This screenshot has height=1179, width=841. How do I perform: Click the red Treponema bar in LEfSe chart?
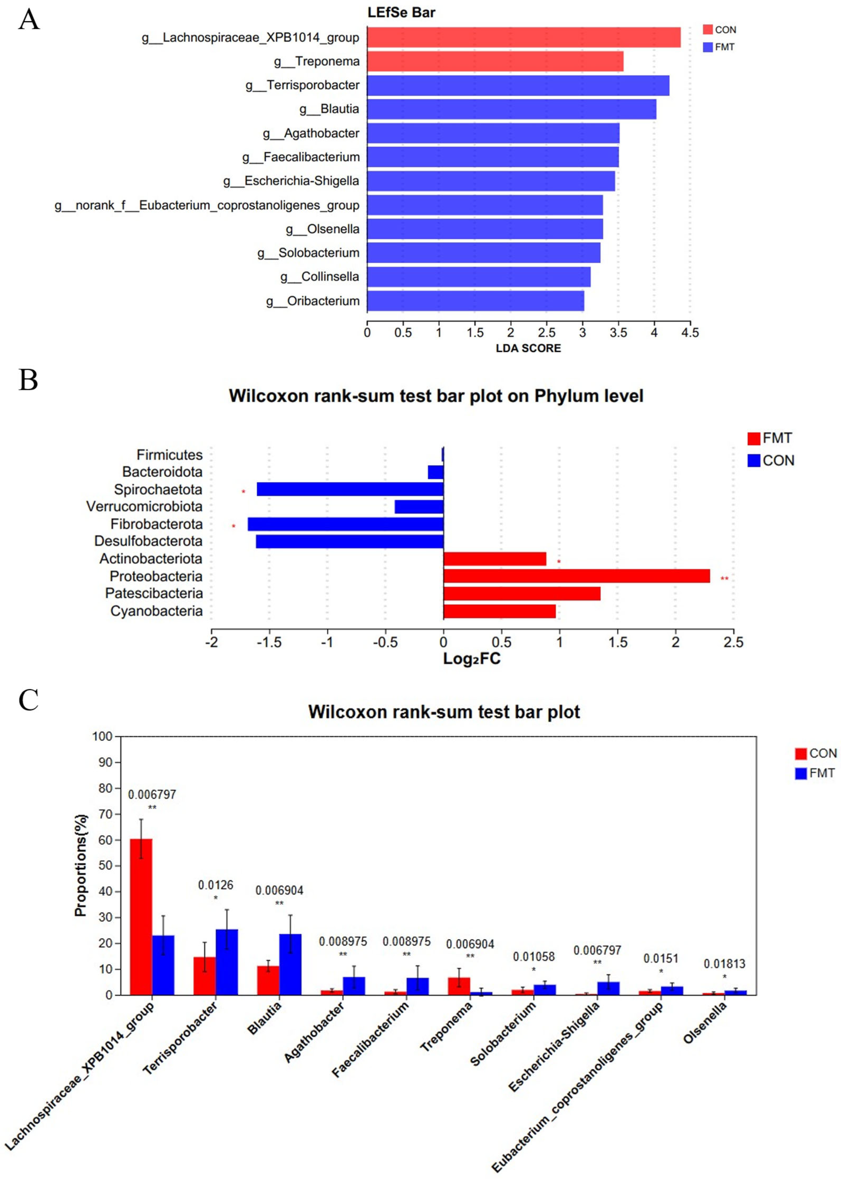coord(494,61)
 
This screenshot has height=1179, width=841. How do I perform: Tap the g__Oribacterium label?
coord(313,301)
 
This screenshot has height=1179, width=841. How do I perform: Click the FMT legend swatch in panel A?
coord(708,47)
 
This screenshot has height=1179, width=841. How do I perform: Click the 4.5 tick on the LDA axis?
coord(690,332)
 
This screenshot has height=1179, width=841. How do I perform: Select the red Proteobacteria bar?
coord(576,576)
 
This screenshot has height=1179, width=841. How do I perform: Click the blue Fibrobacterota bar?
coord(346,524)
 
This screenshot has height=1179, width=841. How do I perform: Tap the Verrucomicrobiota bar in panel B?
coord(419,506)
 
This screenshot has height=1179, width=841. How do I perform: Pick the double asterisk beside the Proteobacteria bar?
coord(725,578)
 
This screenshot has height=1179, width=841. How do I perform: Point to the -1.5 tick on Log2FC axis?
coord(269,643)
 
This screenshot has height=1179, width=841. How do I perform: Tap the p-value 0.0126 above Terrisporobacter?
coord(215,885)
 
